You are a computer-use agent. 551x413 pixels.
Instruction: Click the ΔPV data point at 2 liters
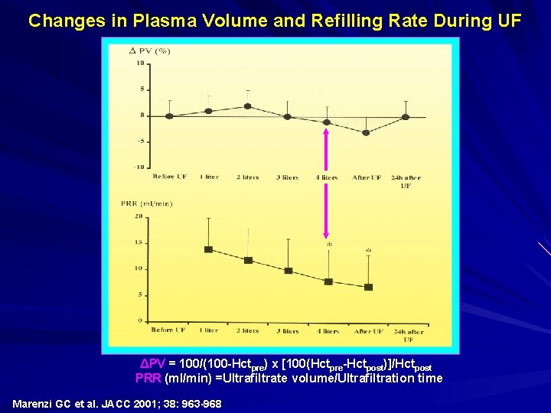coord(247,106)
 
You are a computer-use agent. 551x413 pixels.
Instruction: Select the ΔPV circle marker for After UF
coord(366,132)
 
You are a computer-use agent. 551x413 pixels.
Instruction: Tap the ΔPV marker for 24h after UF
coord(406,117)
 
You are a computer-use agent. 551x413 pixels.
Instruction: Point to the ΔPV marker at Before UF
coord(169,116)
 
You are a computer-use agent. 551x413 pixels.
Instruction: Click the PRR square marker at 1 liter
coord(208,249)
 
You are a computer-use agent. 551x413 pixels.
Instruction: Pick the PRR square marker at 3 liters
coord(288,271)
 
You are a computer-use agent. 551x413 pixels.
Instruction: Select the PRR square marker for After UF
coord(368,287)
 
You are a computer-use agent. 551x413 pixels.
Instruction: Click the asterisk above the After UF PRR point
coord(368,250)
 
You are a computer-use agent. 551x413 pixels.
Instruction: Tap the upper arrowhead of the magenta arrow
coord(327,131)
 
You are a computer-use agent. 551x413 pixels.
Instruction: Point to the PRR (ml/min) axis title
coord(146,203)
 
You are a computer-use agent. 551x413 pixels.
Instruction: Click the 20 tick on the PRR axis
coord(139,216)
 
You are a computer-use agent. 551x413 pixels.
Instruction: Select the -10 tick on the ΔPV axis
coord(139,167)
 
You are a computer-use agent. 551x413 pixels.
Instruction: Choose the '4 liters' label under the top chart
coord(326,177)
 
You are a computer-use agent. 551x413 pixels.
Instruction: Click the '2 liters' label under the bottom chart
coord(247,330)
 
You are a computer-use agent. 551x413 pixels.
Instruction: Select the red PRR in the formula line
coord(148,378)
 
